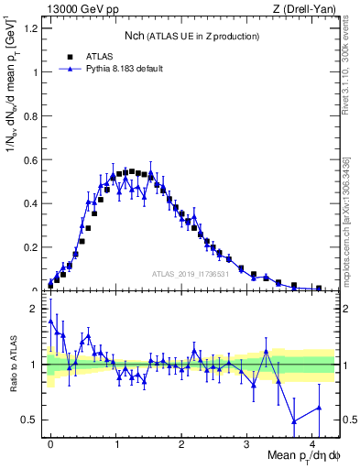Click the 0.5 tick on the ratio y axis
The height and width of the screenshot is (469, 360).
click(31, 420)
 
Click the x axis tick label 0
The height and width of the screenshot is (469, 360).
click(50, 442)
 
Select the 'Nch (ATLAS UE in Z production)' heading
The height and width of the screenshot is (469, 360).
click(192, 36)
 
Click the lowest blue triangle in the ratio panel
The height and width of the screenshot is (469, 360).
click(293, 421)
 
